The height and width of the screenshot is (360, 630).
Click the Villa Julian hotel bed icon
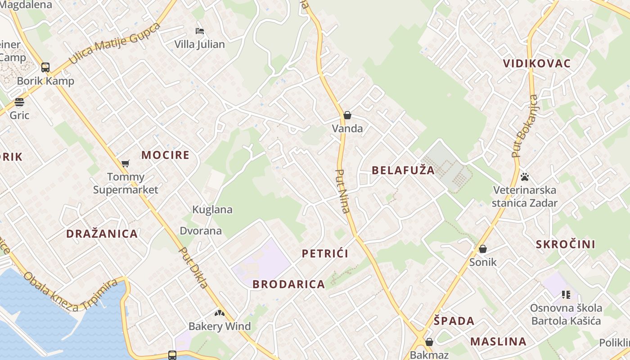tap(200, 31)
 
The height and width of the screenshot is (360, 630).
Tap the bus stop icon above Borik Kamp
tap(45, 67)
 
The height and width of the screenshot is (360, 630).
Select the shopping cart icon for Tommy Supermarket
tap(126, 163)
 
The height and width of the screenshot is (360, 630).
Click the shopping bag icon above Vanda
tap(347, 115)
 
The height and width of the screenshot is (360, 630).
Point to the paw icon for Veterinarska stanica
tap(524, 177)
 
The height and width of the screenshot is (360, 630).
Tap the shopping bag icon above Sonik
tap(483, 248)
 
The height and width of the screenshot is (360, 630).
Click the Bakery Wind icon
tap(219, 313)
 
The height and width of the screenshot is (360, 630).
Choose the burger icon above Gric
tap(19, 102)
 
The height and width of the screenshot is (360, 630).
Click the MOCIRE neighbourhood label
tap(165, 155)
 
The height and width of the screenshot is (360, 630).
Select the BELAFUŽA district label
tap(403, 170)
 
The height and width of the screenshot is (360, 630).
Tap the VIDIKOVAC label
tap(537, 63)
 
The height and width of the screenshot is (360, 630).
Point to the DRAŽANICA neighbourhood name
tap(102, 234)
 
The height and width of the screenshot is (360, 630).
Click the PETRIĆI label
tap(325, 253)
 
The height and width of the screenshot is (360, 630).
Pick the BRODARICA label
tap(288, 284)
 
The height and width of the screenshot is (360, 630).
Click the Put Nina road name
tap(343, 191)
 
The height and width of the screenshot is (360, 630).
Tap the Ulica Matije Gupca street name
tap(114, 43)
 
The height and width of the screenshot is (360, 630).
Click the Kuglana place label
tap(212, 209)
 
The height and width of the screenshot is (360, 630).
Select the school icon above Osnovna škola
tap(566, 295)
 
